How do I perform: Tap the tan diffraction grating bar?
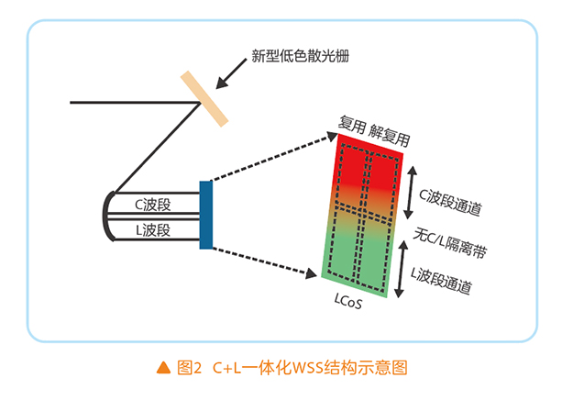204,97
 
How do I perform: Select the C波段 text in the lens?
153,204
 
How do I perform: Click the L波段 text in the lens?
152,228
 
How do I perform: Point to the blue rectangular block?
205,215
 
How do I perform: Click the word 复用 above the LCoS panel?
353,126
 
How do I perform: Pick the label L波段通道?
441,279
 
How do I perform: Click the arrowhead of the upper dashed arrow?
329,138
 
